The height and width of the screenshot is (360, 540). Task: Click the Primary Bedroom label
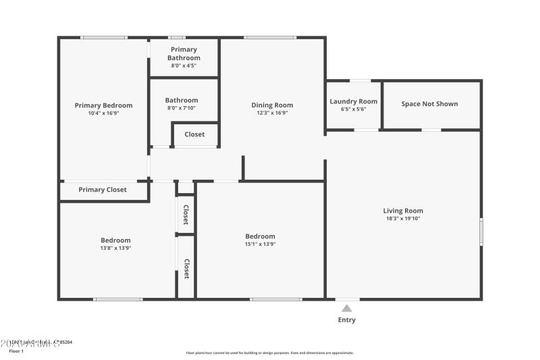click(x=103, y=105)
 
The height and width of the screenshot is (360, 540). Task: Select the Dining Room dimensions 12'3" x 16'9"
click(x=272, y=113)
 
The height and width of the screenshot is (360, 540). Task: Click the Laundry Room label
click(x=353, y=101)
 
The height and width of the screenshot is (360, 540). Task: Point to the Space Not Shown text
click(x=429, y=104)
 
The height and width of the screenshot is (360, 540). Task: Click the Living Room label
click(x=403, y=211)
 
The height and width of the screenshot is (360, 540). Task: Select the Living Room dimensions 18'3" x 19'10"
click(x=403, y=219)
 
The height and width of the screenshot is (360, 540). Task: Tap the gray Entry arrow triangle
click(x=346, y=308)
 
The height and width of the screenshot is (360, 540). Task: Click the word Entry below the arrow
click(x=346, y=320)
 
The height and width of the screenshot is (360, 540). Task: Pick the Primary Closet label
click(x=103, y=190)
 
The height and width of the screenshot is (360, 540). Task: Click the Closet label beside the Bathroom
click(x=194, y=134)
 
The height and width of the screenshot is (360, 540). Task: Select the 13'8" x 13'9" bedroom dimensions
click(x=115, y=248)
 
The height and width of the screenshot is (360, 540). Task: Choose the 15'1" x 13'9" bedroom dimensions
click(x=260, y=244)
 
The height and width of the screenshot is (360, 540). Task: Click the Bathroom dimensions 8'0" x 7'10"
click(x=182, y=108)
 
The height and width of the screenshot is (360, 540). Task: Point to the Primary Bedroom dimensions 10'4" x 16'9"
click(x=103, y=113)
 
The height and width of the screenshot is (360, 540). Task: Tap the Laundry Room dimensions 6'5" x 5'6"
click(x=353, y=109)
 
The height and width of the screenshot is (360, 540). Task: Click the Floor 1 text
click(x=16, y=351)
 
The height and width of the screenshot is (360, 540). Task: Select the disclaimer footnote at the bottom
click(x=269, y=353)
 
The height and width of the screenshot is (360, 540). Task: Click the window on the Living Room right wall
click(x=481, y=231)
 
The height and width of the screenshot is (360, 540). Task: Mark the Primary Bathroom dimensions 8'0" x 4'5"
click(x=184, y=66)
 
